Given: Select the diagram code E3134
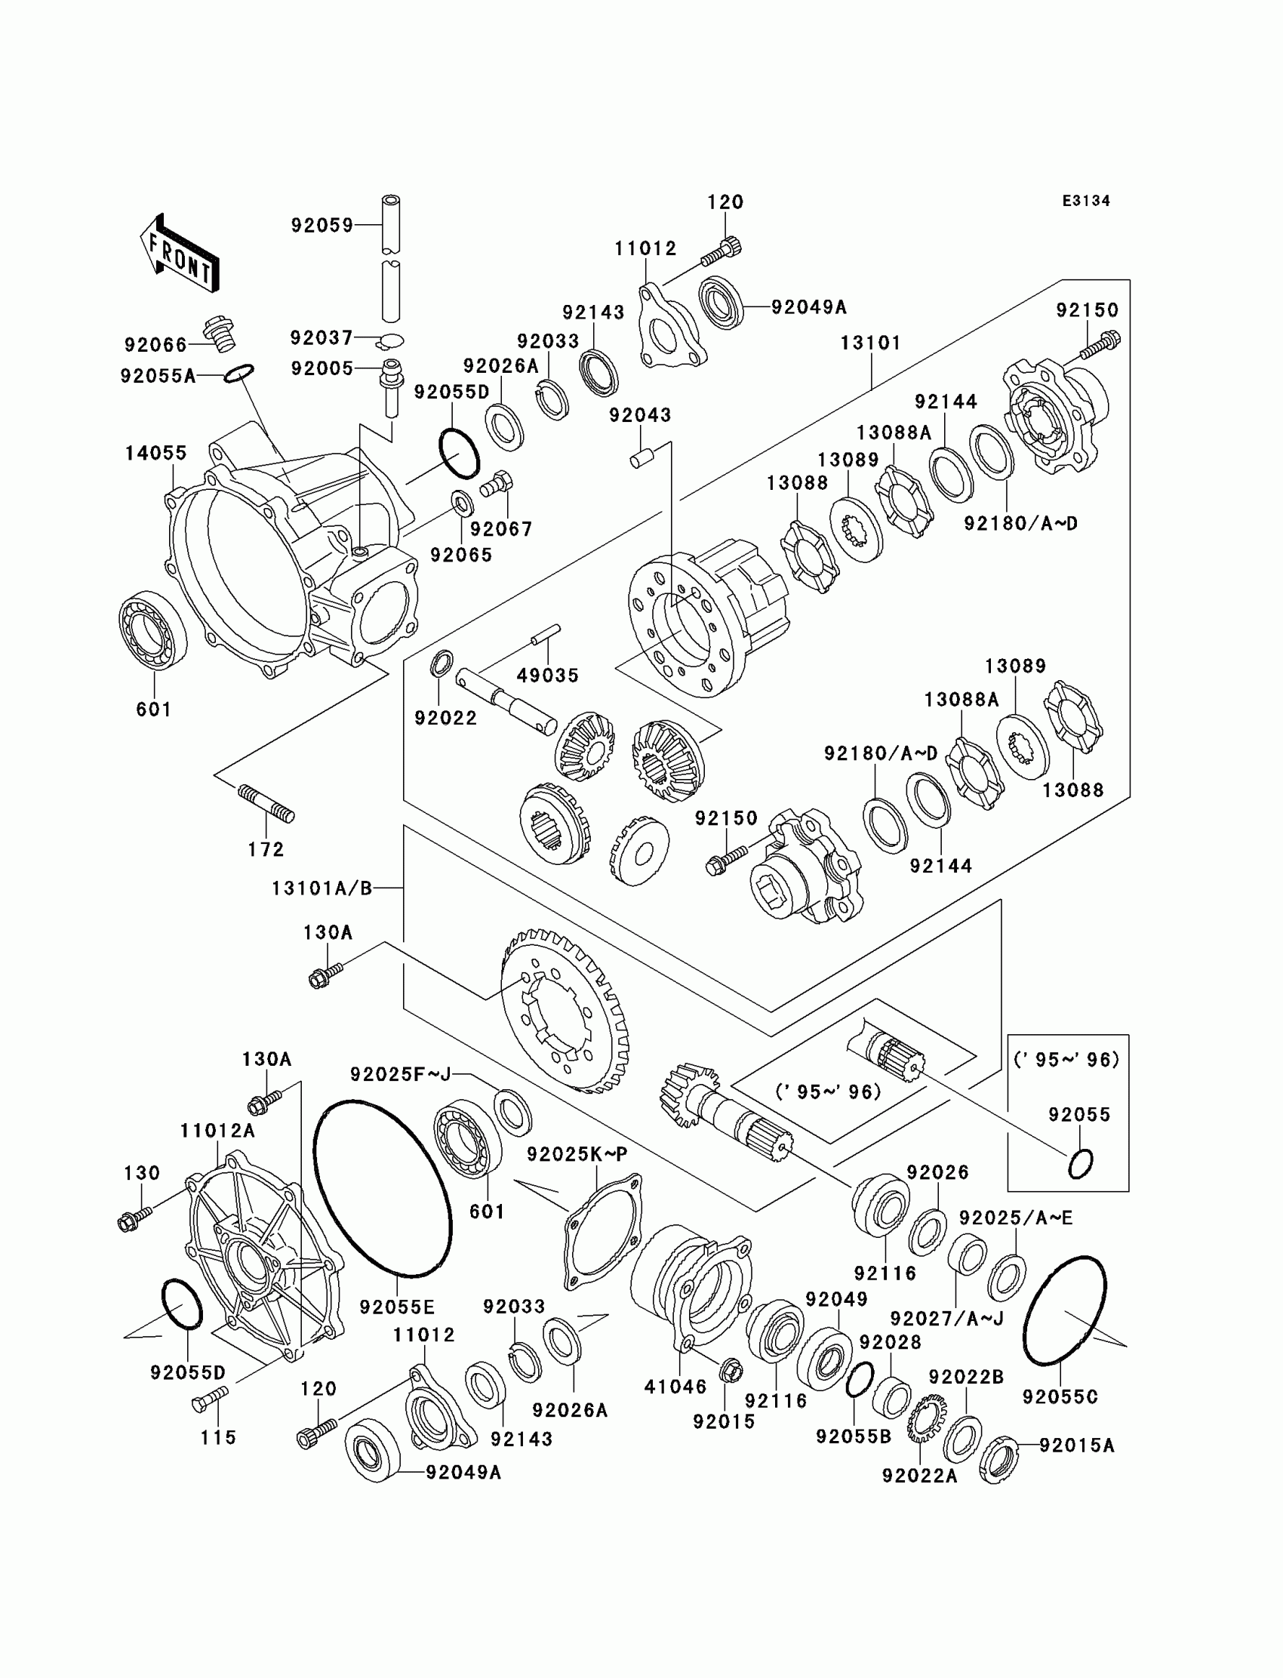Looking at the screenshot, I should pyautogui.click(x=1086, y=201).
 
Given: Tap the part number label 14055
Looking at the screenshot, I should pyautogui.click(x=155, y=453).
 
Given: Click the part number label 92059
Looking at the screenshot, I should pyautogui.click(x=322, y=225).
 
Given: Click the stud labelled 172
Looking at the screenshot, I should pyautogui.click(x=266, y=804).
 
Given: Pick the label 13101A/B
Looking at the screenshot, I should pyautogui.click(x=322, y=888).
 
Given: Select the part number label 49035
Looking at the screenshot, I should pyautogui.click(x=548, y=675).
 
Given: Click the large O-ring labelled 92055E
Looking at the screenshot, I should pyautogui.click(x=382, y=1188).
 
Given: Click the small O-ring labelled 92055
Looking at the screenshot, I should pyautogui.click(x=1080, y=1163).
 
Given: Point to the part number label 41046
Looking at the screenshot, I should pyautogui.click(x=675, y=1386).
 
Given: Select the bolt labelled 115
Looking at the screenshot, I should pyautogui.click(x=210, y=1399).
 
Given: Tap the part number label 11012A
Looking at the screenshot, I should pyautogui.click(x=217, y=1131).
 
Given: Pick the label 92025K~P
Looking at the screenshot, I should pyautogui.click(x=577, y=1154).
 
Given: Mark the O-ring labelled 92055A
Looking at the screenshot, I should pyautogui.click(x=239, y=373).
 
